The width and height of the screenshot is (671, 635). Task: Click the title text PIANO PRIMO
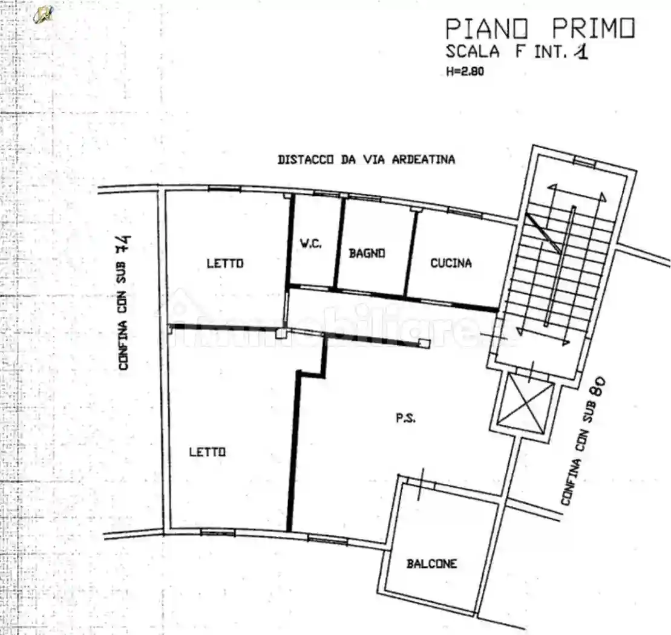[540, 28]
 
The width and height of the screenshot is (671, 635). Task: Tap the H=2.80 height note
[465, 71]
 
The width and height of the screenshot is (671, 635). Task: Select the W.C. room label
[311, 244]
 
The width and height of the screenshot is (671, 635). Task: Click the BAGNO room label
[367, 253]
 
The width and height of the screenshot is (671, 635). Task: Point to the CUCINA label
[451, 263]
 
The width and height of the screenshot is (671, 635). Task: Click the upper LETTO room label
[224, 263]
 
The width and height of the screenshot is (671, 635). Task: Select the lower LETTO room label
[207, 452]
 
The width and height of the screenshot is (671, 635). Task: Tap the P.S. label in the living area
[405, 418]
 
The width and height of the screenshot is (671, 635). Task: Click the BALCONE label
[431, 564]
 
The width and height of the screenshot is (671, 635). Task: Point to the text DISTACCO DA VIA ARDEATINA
[366, 160]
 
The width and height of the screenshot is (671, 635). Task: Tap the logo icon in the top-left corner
[44, 14]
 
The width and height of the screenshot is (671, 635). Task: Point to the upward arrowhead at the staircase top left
[552, 188]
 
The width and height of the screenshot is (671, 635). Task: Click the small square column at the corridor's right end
[425, 343]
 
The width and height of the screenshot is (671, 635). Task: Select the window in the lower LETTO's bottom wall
[217, 532]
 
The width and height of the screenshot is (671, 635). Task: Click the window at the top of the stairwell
[584, 161]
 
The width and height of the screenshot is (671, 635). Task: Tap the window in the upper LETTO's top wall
[224, 189]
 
